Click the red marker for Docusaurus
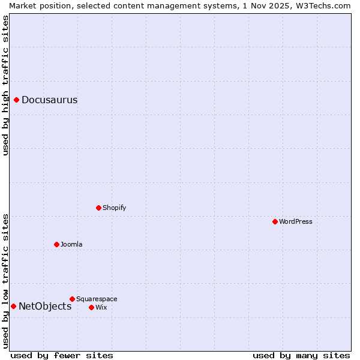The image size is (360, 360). pos(17,100)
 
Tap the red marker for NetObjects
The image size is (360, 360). pos(13,306)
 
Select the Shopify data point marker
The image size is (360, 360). pos(99,208)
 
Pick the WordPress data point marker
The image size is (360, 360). pos(275,221)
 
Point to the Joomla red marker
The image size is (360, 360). pos(57,244)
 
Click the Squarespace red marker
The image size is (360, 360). pos(73,299)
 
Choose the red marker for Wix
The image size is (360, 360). pos(92,307)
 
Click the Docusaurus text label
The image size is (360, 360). pos(50,100)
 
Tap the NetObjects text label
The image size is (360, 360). pos(45,307)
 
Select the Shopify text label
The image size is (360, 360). pos(115,208)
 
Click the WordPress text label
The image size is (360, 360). pos(296,222)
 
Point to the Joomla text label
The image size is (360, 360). pos(71,245)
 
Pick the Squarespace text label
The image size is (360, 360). pos(97,299)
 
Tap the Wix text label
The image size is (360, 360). pos(101,308)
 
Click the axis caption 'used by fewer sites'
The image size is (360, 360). pos(62,355)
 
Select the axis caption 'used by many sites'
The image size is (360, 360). pos(301,355)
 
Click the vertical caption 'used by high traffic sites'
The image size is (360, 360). pos(5,85)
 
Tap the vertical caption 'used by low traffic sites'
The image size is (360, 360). pos(5,280)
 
